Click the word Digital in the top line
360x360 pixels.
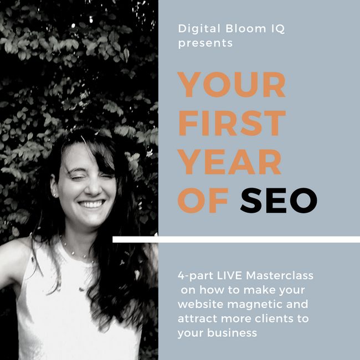pos(196,29)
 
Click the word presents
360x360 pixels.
pos(205,43)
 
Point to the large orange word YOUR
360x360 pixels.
pos(232,85)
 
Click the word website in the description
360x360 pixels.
pos(196,305)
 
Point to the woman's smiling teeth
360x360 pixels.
pos(91,204)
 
